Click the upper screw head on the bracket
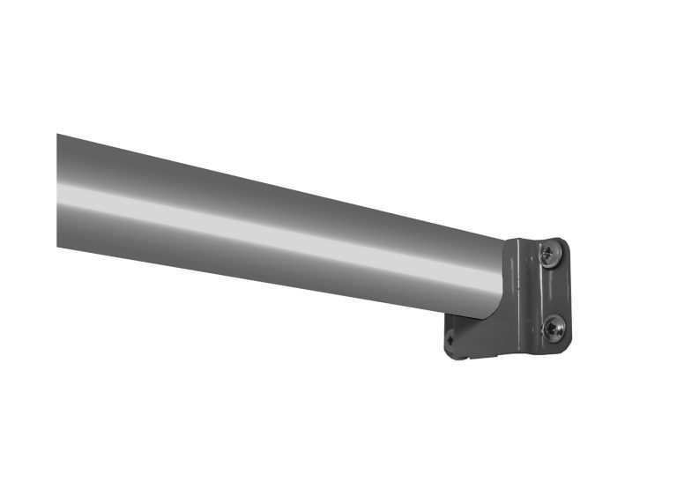click(548, 255)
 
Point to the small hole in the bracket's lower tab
click(450, 337)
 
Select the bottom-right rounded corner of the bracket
click(565, 344)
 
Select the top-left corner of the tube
click(57, 135)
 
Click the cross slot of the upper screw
click(548, 255)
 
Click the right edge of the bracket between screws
click(569, 291)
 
